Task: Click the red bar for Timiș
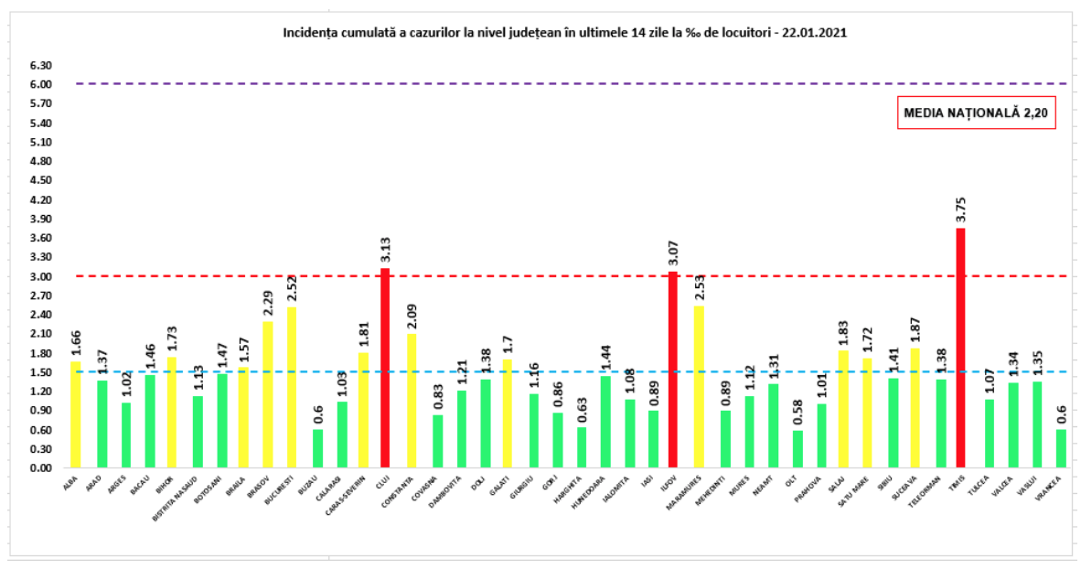[960, 348]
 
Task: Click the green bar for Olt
[797, 449]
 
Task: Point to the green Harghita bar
[582, 447]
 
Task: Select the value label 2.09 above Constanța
[411, 316]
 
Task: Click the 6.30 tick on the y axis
[39, 66]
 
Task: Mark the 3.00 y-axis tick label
[39, 277]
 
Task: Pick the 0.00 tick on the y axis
[39, 468]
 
